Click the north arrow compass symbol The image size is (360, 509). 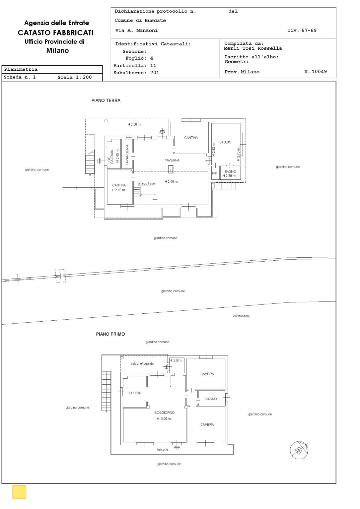299,450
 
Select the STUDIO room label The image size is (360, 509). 225,142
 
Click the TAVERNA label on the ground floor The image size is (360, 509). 172,160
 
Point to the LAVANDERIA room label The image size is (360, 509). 127,155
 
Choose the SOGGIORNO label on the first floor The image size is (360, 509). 165,413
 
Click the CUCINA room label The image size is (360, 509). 135,393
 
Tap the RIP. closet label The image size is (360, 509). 215,173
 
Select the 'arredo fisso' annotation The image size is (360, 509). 146,183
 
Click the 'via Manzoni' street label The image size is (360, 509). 241,316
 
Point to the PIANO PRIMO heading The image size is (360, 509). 110,334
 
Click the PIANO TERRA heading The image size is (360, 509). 106,100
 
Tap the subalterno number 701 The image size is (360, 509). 155,73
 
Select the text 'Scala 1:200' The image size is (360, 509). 75,77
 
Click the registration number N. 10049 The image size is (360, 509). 316,72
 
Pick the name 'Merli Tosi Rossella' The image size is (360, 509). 253,48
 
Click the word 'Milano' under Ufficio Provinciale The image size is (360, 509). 57,50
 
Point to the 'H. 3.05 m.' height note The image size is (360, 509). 164,418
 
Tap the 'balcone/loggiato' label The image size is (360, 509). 142,363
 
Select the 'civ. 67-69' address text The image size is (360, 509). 302,31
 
